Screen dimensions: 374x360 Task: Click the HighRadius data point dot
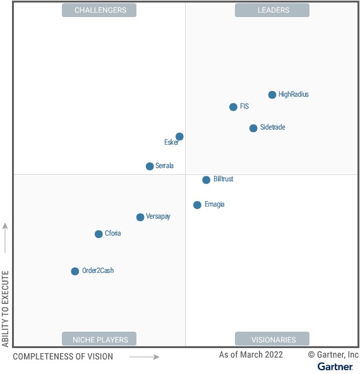point(272,95)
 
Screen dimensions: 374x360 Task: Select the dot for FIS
point(233,107)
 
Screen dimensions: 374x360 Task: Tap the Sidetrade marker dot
point(253,128)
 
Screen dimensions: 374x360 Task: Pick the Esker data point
point(179,136)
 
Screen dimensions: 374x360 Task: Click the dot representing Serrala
point(150,166)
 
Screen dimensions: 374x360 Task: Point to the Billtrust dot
point(206,180)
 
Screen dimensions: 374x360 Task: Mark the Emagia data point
point(197,205)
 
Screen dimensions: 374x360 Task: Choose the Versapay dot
point(140,217)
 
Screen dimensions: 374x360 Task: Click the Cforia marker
point(99,234)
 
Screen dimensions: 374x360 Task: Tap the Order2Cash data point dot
point(75,271)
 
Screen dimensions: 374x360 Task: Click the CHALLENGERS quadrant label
point(99,10)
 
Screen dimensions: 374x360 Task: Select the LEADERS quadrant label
point(272,10)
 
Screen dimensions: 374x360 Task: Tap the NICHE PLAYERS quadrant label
point(99,339)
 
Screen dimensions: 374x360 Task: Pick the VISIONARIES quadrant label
point(272,339)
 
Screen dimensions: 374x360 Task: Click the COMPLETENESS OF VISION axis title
point(63,357)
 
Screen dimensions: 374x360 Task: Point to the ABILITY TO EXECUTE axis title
point(6,309)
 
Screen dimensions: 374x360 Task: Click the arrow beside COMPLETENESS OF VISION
point(145,357)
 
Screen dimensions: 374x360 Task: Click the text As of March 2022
point(251,355)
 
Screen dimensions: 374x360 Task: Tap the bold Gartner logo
point(335,366)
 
